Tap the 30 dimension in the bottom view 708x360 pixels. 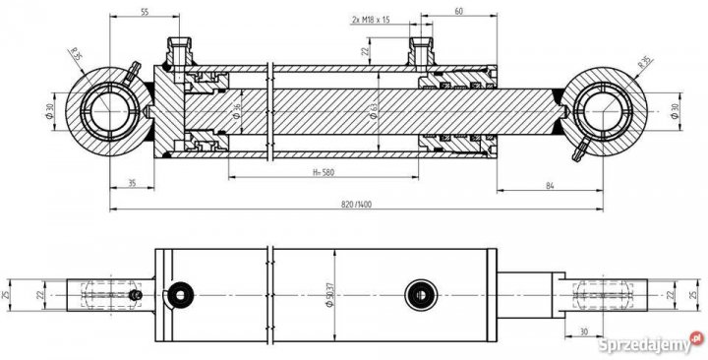point(584,331)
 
